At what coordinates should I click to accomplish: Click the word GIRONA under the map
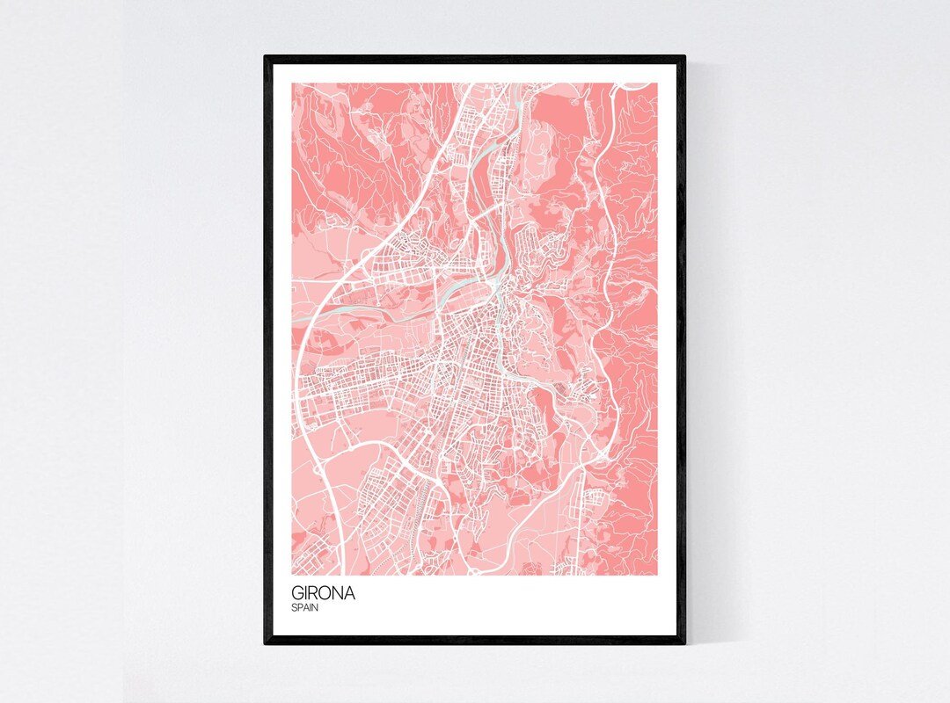(x=324, y=593)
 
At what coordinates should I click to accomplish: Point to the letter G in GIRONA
(x=298, y=593)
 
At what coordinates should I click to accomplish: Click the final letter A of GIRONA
(x=349, y=593)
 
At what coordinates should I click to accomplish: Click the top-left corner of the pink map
(x=293, y=83)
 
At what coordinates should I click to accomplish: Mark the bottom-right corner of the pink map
(x=657, y=576)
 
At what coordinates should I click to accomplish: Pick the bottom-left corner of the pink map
(x=293, y=576)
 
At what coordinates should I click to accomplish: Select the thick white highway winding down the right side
(x=603, y=264)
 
